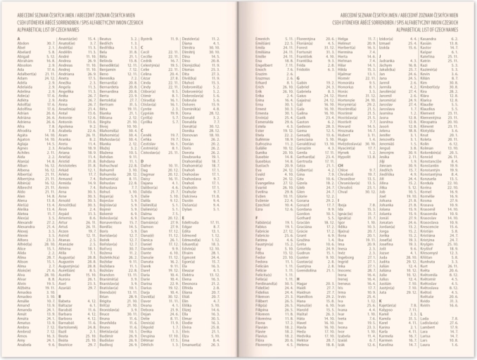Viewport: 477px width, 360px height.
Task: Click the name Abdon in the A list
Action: coord(23,43)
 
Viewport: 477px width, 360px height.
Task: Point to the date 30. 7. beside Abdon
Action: coord(50,43)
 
